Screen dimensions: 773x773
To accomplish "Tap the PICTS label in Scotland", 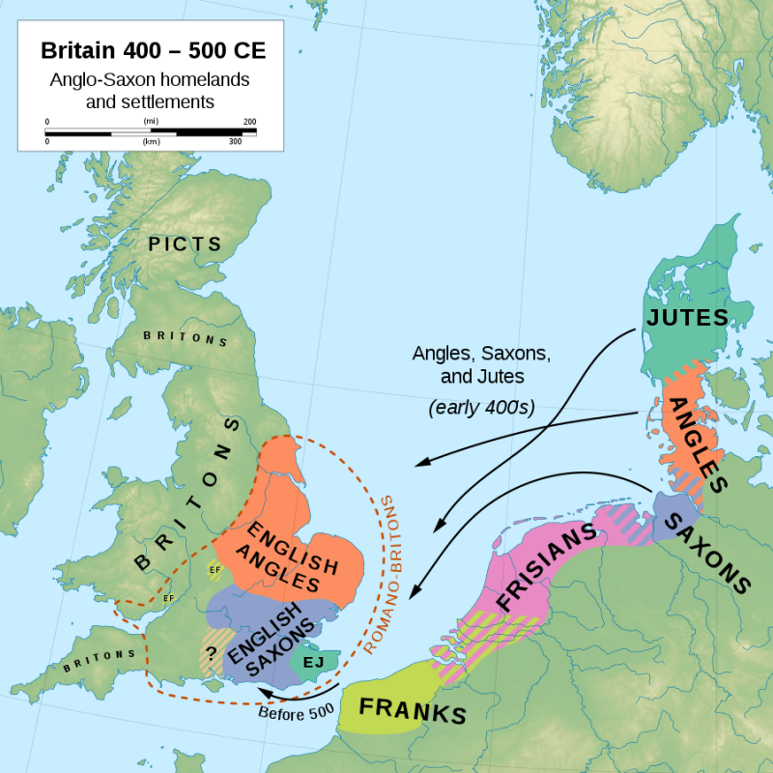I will pos(185,244).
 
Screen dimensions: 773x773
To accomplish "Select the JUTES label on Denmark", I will pos(686,317).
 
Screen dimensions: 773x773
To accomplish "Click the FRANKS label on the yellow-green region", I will pos(413,711).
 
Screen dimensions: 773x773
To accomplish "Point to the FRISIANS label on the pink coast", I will pos(546,570).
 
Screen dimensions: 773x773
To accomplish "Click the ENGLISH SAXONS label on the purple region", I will pos(276,637).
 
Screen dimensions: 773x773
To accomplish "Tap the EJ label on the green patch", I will pos(313,662).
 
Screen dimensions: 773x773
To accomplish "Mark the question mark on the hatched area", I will pos(210,651).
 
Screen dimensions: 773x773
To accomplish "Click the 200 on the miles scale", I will pos(249,122).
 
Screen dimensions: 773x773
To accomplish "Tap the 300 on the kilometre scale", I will pos(234,141).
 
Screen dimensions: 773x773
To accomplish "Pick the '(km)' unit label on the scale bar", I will pos(150,141).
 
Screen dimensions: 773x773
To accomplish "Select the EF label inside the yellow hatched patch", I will pos(214,571).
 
